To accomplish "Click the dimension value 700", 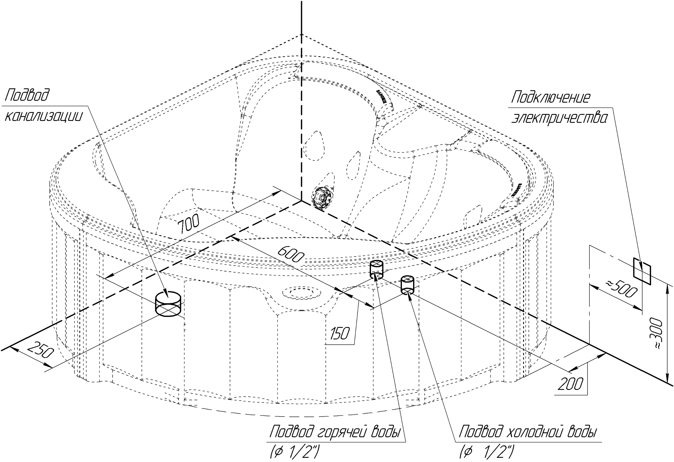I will (188, 223).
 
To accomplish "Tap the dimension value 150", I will (340, 333).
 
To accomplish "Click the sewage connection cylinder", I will (168, 304).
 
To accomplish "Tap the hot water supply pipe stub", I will (376, 269).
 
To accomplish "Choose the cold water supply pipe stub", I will (407, 285).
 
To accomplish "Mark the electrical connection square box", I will (642, 271).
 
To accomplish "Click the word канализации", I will (44, 116).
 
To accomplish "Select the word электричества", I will (559, 118).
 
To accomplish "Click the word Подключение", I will (550, 97).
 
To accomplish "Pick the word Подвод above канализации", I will (27, 95).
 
